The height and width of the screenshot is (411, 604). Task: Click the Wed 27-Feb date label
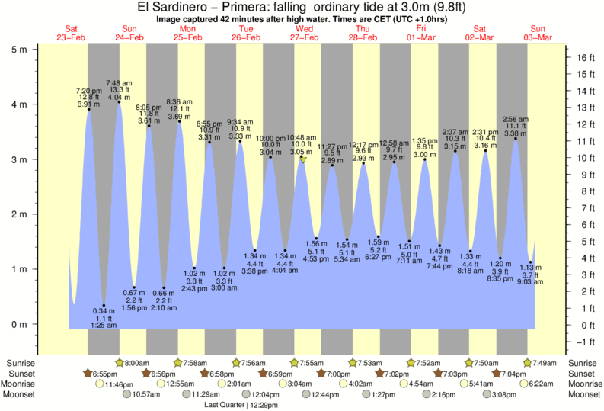click(x=305, y=33)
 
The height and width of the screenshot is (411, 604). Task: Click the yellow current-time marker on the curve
click(x=303, y=159)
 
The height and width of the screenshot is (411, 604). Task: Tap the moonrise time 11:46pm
click(x=119, y=384)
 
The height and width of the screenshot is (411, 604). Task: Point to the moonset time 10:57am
click(x=148, y=394)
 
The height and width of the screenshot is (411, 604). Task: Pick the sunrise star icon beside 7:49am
click(x=528, y=363)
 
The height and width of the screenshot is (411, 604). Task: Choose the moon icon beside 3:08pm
click(x=483, y=394)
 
